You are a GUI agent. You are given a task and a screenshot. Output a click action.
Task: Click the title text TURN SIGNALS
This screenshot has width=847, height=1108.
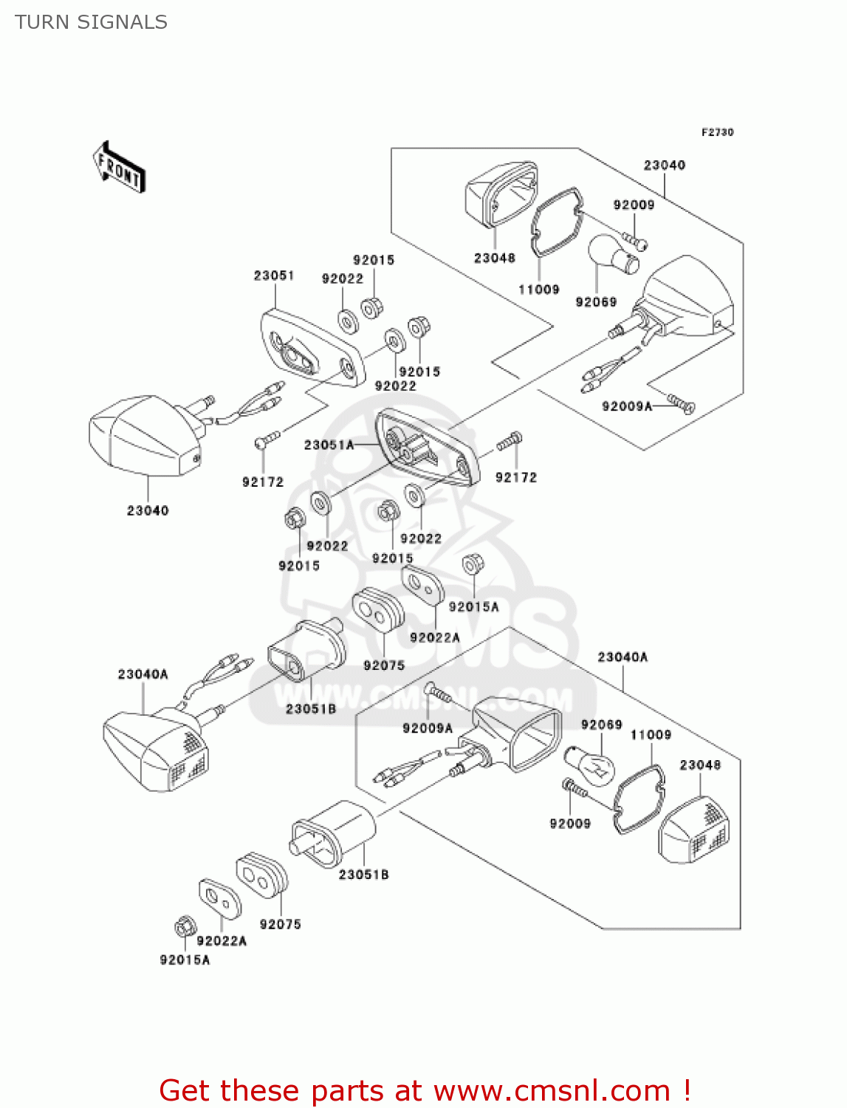pyautogui.click(x=91, y=22)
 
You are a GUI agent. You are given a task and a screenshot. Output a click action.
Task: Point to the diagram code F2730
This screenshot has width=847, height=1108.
pyautogui.click(x=717, y=132)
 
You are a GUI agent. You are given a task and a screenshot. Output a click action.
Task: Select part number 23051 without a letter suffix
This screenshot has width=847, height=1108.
pyautogui.click(x=274, y=276)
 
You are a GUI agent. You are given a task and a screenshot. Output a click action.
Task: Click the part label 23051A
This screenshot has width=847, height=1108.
pyautogui.click(x=329, y=445)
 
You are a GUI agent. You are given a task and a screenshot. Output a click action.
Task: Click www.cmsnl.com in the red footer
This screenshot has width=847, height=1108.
pyautogui.click(x=552, y=1090)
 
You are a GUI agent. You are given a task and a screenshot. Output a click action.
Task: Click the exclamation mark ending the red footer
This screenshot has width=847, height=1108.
pyautogui.click(x=687, y=1090)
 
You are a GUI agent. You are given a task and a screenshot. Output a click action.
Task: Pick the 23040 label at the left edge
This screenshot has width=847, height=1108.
pyautogui.click(x=148, y=510)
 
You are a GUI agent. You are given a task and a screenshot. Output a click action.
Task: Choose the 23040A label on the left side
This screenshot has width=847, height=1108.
pyautogui.click(x=143, y=674)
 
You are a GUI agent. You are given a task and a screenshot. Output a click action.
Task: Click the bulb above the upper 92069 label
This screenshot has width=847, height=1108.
pyautogui.click(x=612, y=254)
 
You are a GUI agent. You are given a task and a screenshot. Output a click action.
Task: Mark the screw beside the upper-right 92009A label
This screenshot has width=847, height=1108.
pyautogui.click(x=681, y=402)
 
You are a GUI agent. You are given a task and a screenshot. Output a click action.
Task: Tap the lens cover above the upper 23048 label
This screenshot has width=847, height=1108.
pyautogui.click(x=501, y=193)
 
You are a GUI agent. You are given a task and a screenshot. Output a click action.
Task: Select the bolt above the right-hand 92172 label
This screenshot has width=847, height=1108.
pyautogui.click(x=509, y=442)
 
